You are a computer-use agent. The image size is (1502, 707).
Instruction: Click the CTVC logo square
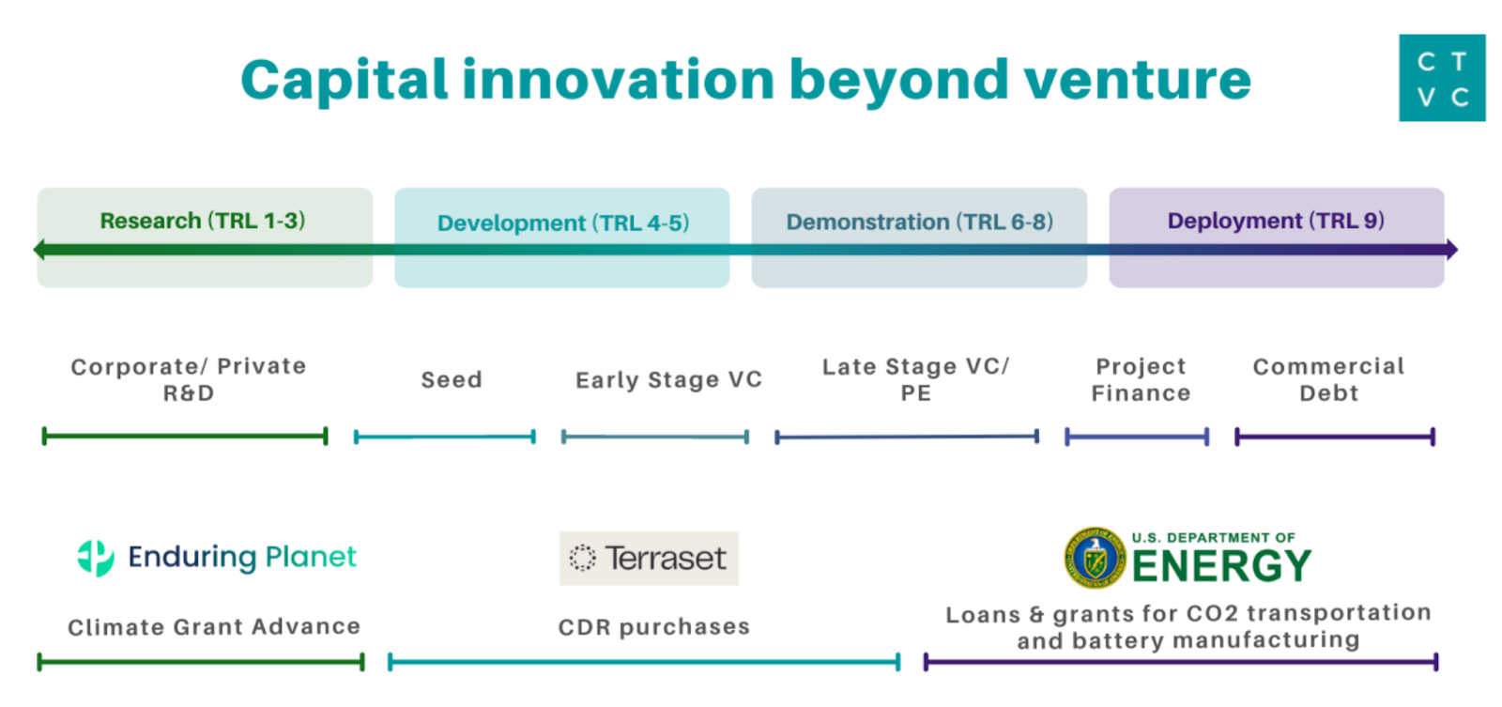point(1441,78)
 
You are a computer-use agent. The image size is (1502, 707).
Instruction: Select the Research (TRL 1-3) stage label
point(203,221)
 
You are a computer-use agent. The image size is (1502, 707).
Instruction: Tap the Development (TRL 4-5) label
point(562,223)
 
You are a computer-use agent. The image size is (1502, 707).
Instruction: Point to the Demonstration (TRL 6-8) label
point(919,223)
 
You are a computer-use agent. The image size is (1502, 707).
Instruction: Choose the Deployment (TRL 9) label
point(1276,221)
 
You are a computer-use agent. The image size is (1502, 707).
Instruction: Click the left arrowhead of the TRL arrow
point(39,250)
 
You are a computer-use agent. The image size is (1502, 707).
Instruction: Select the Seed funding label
point(452,380)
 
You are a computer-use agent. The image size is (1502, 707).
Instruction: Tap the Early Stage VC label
point(668,380)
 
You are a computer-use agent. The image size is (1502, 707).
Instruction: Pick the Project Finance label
point(1141,380)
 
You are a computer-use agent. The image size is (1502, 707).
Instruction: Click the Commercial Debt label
point(1328,380)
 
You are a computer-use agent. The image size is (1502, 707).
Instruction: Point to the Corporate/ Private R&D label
point(189,380)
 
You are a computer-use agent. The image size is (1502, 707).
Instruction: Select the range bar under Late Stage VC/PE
point(907,437)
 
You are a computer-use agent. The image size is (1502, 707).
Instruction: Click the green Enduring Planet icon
point(96,558)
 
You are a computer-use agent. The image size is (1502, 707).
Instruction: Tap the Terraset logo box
point(649,559)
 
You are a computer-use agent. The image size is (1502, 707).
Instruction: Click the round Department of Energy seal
point(1095,558)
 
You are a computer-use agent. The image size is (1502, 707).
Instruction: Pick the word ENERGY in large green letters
point(1221,566)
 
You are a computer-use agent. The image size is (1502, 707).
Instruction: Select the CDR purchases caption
point(653,627)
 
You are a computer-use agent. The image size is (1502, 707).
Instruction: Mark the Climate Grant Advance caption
point(214,627)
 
